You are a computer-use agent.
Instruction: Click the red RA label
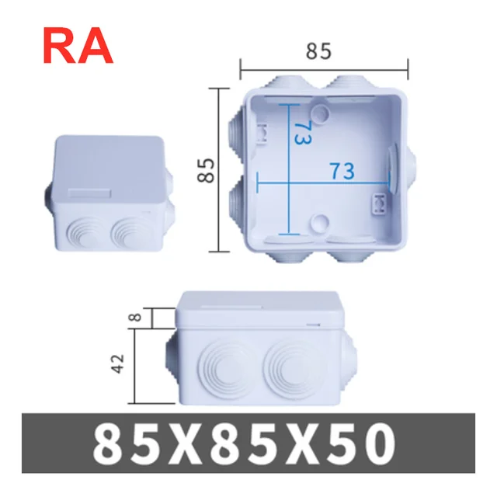(x=78, y=47)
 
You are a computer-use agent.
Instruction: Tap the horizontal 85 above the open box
(x=318, y=51)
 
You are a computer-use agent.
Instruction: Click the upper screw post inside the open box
(x=319, y=113)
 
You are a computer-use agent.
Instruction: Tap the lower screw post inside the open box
(x=319, y=224)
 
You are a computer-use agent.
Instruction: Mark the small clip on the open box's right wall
(x=381, y=204)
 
